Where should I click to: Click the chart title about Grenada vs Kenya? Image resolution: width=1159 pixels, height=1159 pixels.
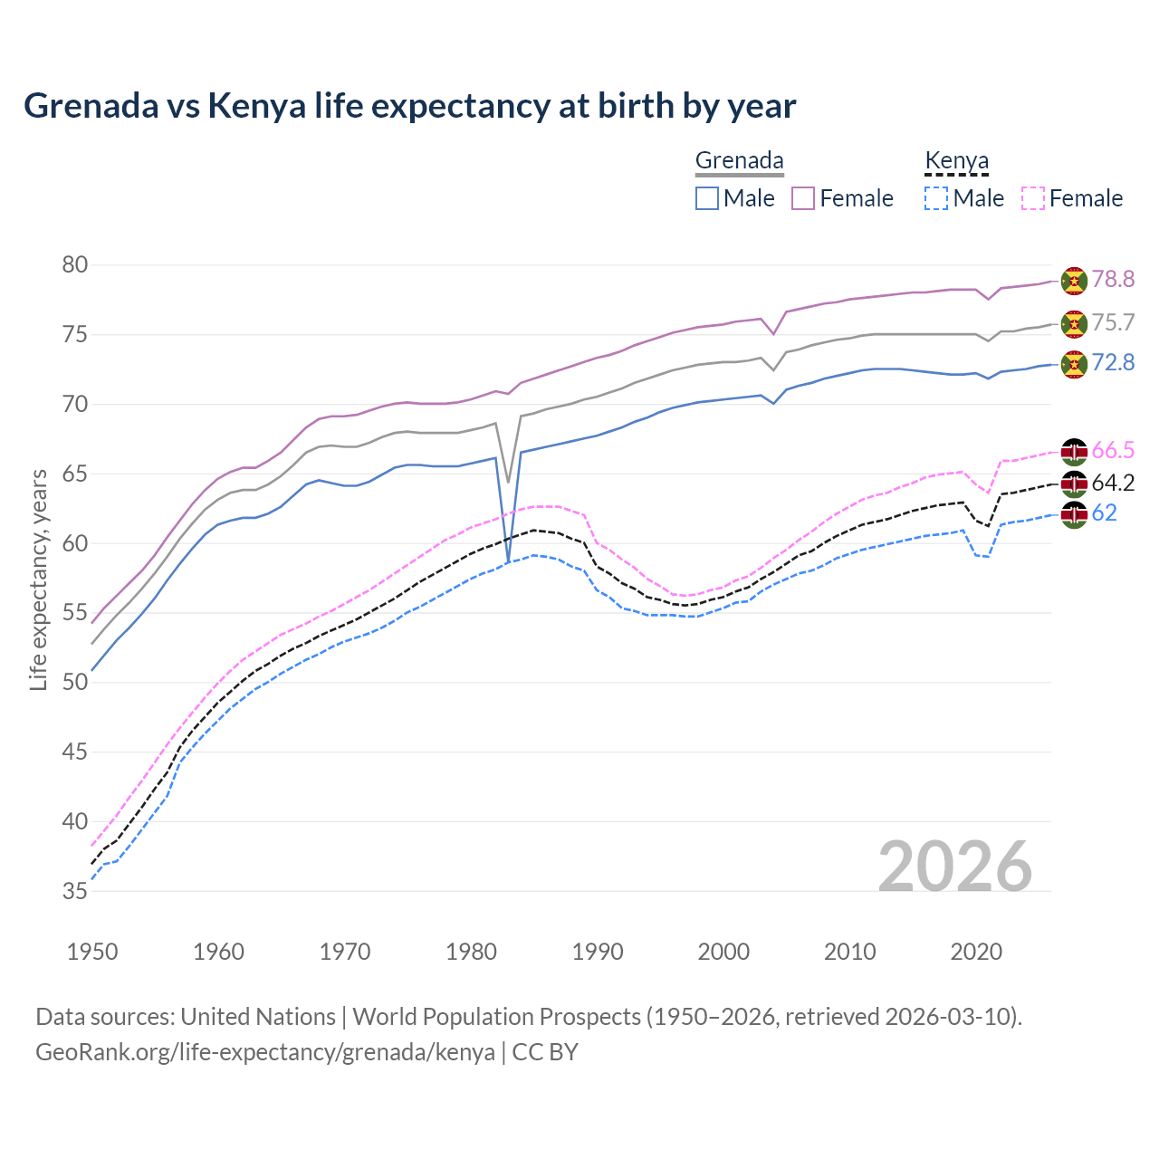point(409,106)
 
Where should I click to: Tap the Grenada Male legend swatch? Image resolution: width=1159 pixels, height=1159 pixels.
point(707,198)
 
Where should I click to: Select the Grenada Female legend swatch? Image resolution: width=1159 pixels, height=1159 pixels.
point(803,198)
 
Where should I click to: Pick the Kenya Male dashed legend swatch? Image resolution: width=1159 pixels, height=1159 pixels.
point(936,198)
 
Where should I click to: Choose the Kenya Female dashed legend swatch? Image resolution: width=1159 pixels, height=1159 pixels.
point(1033,198)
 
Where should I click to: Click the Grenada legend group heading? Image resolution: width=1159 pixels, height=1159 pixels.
point(739,161)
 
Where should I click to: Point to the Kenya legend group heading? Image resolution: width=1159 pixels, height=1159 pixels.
point(956,161)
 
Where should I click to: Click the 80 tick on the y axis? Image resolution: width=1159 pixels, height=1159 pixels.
point(75,265)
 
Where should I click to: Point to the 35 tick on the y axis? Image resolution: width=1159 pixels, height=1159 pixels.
point(75,892)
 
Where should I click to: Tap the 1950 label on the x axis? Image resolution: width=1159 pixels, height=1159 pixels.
point(92,952)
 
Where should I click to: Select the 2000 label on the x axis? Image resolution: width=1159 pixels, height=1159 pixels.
point(723,952)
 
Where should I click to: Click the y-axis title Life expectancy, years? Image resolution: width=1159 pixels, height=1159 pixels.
point(38,579)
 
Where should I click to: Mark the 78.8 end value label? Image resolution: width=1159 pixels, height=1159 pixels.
point(1113,280)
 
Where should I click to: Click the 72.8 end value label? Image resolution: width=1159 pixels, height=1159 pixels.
point(1113,363)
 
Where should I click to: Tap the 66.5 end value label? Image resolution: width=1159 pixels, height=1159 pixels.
point(1113,451)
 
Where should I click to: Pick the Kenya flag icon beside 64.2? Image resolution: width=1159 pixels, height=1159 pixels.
point(1074,484)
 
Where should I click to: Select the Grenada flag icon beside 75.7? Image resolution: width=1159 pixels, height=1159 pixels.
point(1074,323)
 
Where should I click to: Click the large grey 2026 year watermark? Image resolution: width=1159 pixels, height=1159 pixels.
point(955,867)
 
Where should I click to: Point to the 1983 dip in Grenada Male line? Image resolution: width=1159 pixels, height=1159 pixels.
point(508,561)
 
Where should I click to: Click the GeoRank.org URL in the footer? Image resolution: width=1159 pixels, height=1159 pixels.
point(264,1052)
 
